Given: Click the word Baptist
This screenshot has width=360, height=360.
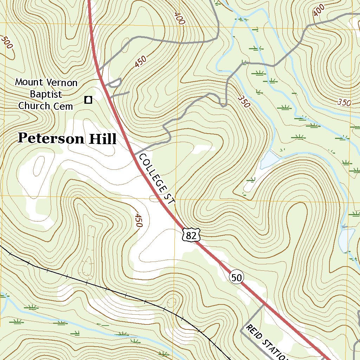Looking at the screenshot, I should click(46, 94).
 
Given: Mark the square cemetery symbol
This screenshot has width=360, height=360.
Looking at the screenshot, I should click(88, 100).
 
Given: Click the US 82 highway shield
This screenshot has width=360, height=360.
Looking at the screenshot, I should click(191, 235).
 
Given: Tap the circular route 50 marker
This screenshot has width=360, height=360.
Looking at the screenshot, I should click(237, 277).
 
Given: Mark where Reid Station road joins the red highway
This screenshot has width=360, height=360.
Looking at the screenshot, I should click(264, 305).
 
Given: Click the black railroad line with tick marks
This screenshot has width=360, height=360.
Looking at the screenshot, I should click(105, 288).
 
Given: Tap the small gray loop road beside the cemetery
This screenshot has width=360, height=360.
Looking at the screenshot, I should click(115, 83).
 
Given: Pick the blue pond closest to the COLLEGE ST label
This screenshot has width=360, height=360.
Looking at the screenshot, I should click(269, 160).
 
